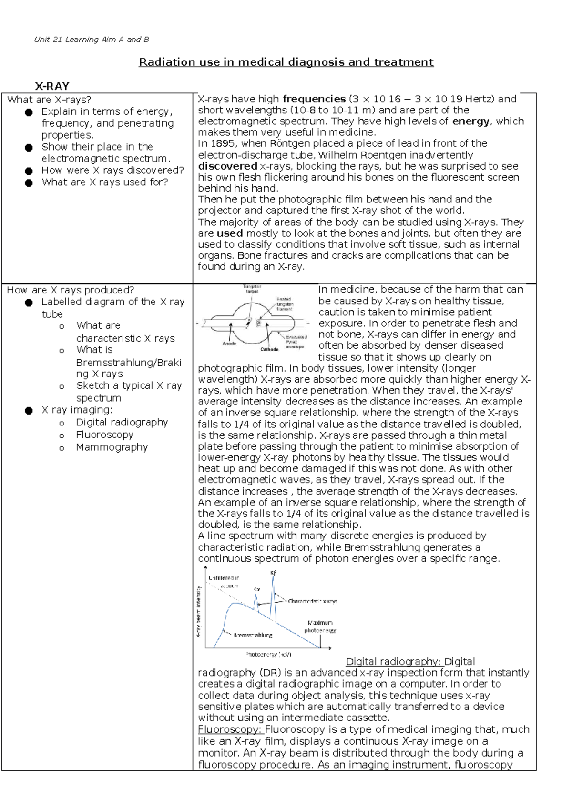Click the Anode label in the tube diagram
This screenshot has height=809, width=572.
(229, 343)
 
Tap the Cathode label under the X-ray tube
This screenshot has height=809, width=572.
(269, 349)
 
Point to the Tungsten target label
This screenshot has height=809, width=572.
(252, 289)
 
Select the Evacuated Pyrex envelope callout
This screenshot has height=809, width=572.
(296, 342)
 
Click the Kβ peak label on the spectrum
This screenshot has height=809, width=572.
(273, 573)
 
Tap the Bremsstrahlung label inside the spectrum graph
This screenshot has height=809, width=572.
(253, 635)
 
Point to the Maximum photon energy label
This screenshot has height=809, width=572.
(320, 627)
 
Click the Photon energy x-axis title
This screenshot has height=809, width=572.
(269, 655)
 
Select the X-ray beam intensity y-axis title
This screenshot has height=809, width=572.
(199, 612)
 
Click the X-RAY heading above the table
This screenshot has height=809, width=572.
(52, 86)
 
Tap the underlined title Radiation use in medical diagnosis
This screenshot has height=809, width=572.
(286, 62)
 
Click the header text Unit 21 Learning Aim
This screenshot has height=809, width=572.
(92, 40)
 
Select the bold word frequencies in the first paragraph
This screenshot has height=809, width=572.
(314, 99)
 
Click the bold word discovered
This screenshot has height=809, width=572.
(228, 166)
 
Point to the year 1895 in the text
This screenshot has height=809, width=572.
(222, 143)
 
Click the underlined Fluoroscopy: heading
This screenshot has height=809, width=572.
(230, 729)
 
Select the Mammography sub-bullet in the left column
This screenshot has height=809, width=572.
(112, 447)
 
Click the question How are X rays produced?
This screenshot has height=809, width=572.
(71, 290)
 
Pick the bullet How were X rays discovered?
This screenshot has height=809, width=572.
(112, 170)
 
